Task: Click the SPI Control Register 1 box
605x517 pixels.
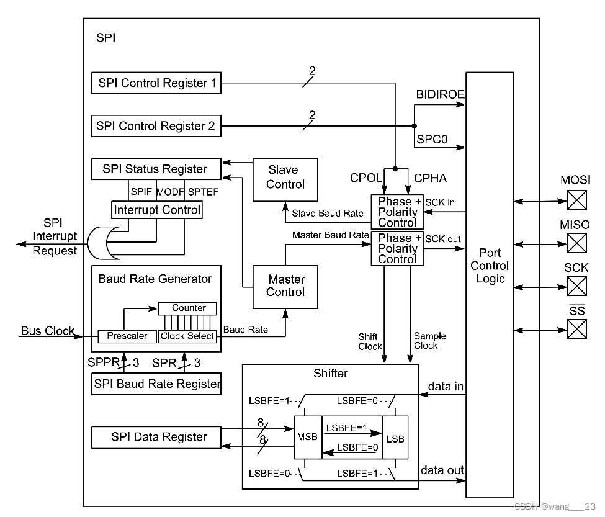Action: pos(156,83)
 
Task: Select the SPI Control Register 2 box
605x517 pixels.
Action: pos(156,126)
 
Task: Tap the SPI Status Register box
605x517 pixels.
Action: pos(156,169)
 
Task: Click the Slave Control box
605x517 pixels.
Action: pos(285,180)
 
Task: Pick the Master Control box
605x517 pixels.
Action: pos(285,287)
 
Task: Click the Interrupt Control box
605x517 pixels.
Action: pos(157,210)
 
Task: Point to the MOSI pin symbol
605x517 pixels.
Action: pos(577,200)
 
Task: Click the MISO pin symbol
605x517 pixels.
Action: pos(577,243)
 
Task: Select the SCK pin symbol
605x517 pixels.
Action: pos(577,287)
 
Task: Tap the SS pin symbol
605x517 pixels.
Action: pos(577,330)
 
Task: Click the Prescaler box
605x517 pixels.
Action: pos(127,336)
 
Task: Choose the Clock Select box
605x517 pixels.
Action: pos(187,336)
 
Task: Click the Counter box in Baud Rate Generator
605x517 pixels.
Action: pos(187,308)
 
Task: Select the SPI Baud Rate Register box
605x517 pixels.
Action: pos(156,384)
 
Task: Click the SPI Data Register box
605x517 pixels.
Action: pos(156,437)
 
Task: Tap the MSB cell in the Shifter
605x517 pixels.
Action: pos(308,437)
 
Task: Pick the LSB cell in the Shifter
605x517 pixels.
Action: pos(395,437)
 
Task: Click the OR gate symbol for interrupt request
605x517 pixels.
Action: pos(98,243)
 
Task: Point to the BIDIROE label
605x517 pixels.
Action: pos(440,94)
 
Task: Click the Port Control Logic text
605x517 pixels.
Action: pos(490,266)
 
